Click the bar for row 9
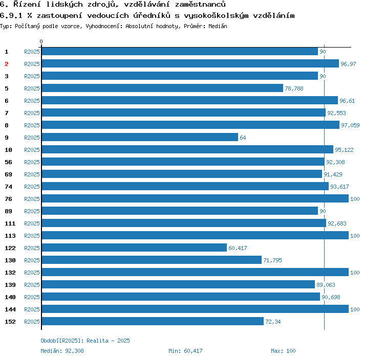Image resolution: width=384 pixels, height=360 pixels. [x=140, y=137]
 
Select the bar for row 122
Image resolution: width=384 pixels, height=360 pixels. [x=134, y=247]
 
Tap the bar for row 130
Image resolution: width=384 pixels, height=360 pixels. [x=152, y=260]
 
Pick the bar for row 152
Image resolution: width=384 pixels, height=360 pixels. [x=153, y=321]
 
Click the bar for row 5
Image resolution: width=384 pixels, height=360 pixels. [x=162, y=88]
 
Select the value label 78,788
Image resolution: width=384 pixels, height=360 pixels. [x=294, y=88]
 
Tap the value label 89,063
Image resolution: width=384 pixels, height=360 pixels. [x=326, y=285]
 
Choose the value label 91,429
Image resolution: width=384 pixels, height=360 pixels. [x=333, y=174]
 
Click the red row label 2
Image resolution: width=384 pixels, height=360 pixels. [x=7, y=64]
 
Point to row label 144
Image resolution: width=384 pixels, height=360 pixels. [x=10, y=309]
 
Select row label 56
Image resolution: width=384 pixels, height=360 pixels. [x=8, y=162]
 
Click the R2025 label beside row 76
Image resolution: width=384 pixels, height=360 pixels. [x=32, y=199]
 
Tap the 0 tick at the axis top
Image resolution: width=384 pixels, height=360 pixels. [x=41, y=42]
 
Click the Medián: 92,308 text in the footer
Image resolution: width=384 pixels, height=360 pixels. [x=62, y=351]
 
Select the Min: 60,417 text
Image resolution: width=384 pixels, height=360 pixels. [x=185, y=351]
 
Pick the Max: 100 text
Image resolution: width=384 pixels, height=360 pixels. [x=283, y=351]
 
